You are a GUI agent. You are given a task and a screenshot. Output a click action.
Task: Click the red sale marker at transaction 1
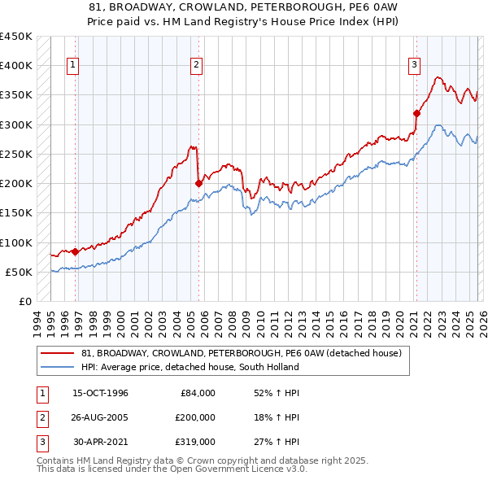coord(76,251)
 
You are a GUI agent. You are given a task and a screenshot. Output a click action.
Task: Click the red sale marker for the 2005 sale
coord(199,183)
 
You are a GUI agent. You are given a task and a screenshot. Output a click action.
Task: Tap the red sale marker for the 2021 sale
coord(416,113)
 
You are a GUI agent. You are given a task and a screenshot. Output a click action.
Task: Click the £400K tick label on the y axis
coord(16,65)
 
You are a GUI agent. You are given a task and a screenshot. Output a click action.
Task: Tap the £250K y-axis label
coord(16,154)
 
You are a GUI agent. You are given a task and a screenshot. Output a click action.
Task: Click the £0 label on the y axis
coord(24,301)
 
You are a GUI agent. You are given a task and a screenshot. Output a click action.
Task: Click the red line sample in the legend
coord(59,354)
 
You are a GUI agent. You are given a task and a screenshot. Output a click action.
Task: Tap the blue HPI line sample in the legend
coord(59,367)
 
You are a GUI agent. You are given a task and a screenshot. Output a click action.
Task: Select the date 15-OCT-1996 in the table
coord(100,393)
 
